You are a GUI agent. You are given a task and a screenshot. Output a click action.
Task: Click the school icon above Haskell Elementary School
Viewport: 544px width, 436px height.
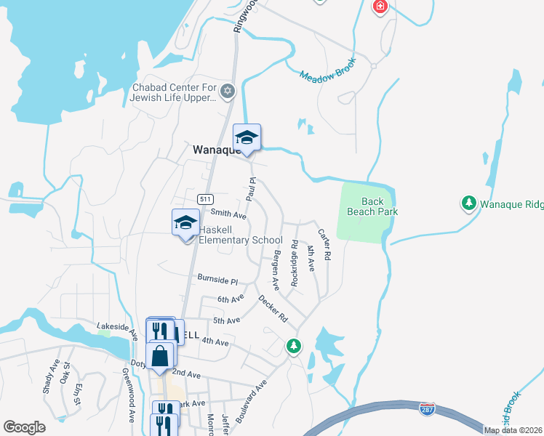click(x=185, y=222)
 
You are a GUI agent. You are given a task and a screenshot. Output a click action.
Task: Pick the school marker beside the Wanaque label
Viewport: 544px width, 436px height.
click(x=247, y=137)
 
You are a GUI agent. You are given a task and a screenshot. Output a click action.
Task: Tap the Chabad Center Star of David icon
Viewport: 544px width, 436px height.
click(x=228, y=91)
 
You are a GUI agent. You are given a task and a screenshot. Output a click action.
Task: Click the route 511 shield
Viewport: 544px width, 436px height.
click(x=204, y=198)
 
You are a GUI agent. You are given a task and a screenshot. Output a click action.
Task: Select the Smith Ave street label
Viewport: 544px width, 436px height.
click(x=228, y=214)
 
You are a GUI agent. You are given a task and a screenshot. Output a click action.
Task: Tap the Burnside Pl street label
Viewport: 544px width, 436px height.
click(x=217, y=279)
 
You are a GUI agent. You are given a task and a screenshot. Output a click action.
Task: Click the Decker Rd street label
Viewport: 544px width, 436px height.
click(x=273, y=309)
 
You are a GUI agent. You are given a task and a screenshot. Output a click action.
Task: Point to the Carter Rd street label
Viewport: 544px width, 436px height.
click(x=324, y=245)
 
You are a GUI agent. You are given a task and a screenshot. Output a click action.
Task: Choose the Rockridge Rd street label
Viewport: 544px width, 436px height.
click(x=295, y=264)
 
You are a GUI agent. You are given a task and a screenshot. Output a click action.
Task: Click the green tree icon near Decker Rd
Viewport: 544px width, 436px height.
click(x=294, y=346)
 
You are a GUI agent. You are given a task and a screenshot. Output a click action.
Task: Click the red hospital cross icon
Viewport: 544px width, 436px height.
click(x=380, y=7)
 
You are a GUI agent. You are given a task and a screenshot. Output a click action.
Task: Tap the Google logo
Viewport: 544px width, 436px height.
click(x=25, y=427)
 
